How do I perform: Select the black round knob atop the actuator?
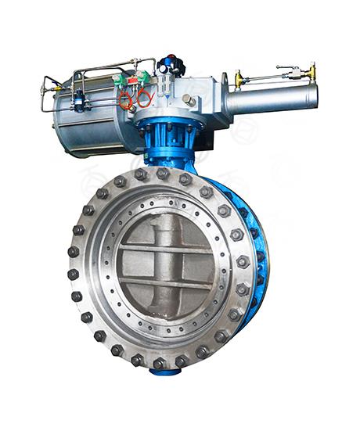(x=171, y=65)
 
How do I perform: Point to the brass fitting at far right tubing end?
(x=311, y=71)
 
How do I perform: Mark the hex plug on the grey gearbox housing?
(x=189, y=100)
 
